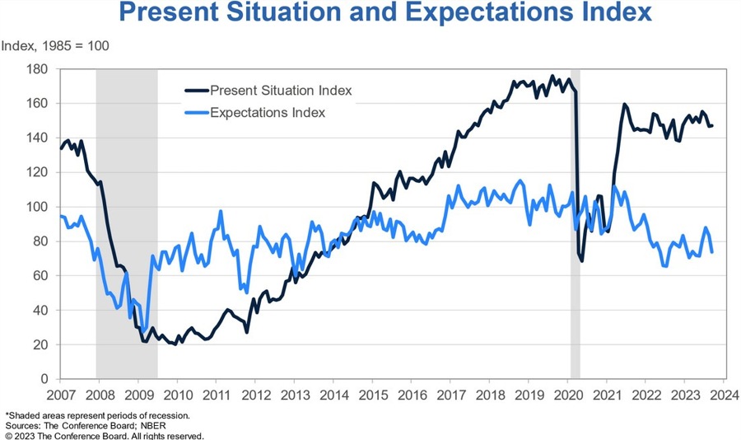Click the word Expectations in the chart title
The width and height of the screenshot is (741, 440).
[458, 14]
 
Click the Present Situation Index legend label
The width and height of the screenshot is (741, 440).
[281, 91]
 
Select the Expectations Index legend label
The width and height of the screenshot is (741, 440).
[268, 113]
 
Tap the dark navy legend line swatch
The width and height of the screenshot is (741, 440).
[195, 91]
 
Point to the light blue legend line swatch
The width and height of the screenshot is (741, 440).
[195, 113]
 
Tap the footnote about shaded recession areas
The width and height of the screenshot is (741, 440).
[99, 415]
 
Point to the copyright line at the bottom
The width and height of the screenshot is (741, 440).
[104, 436]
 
